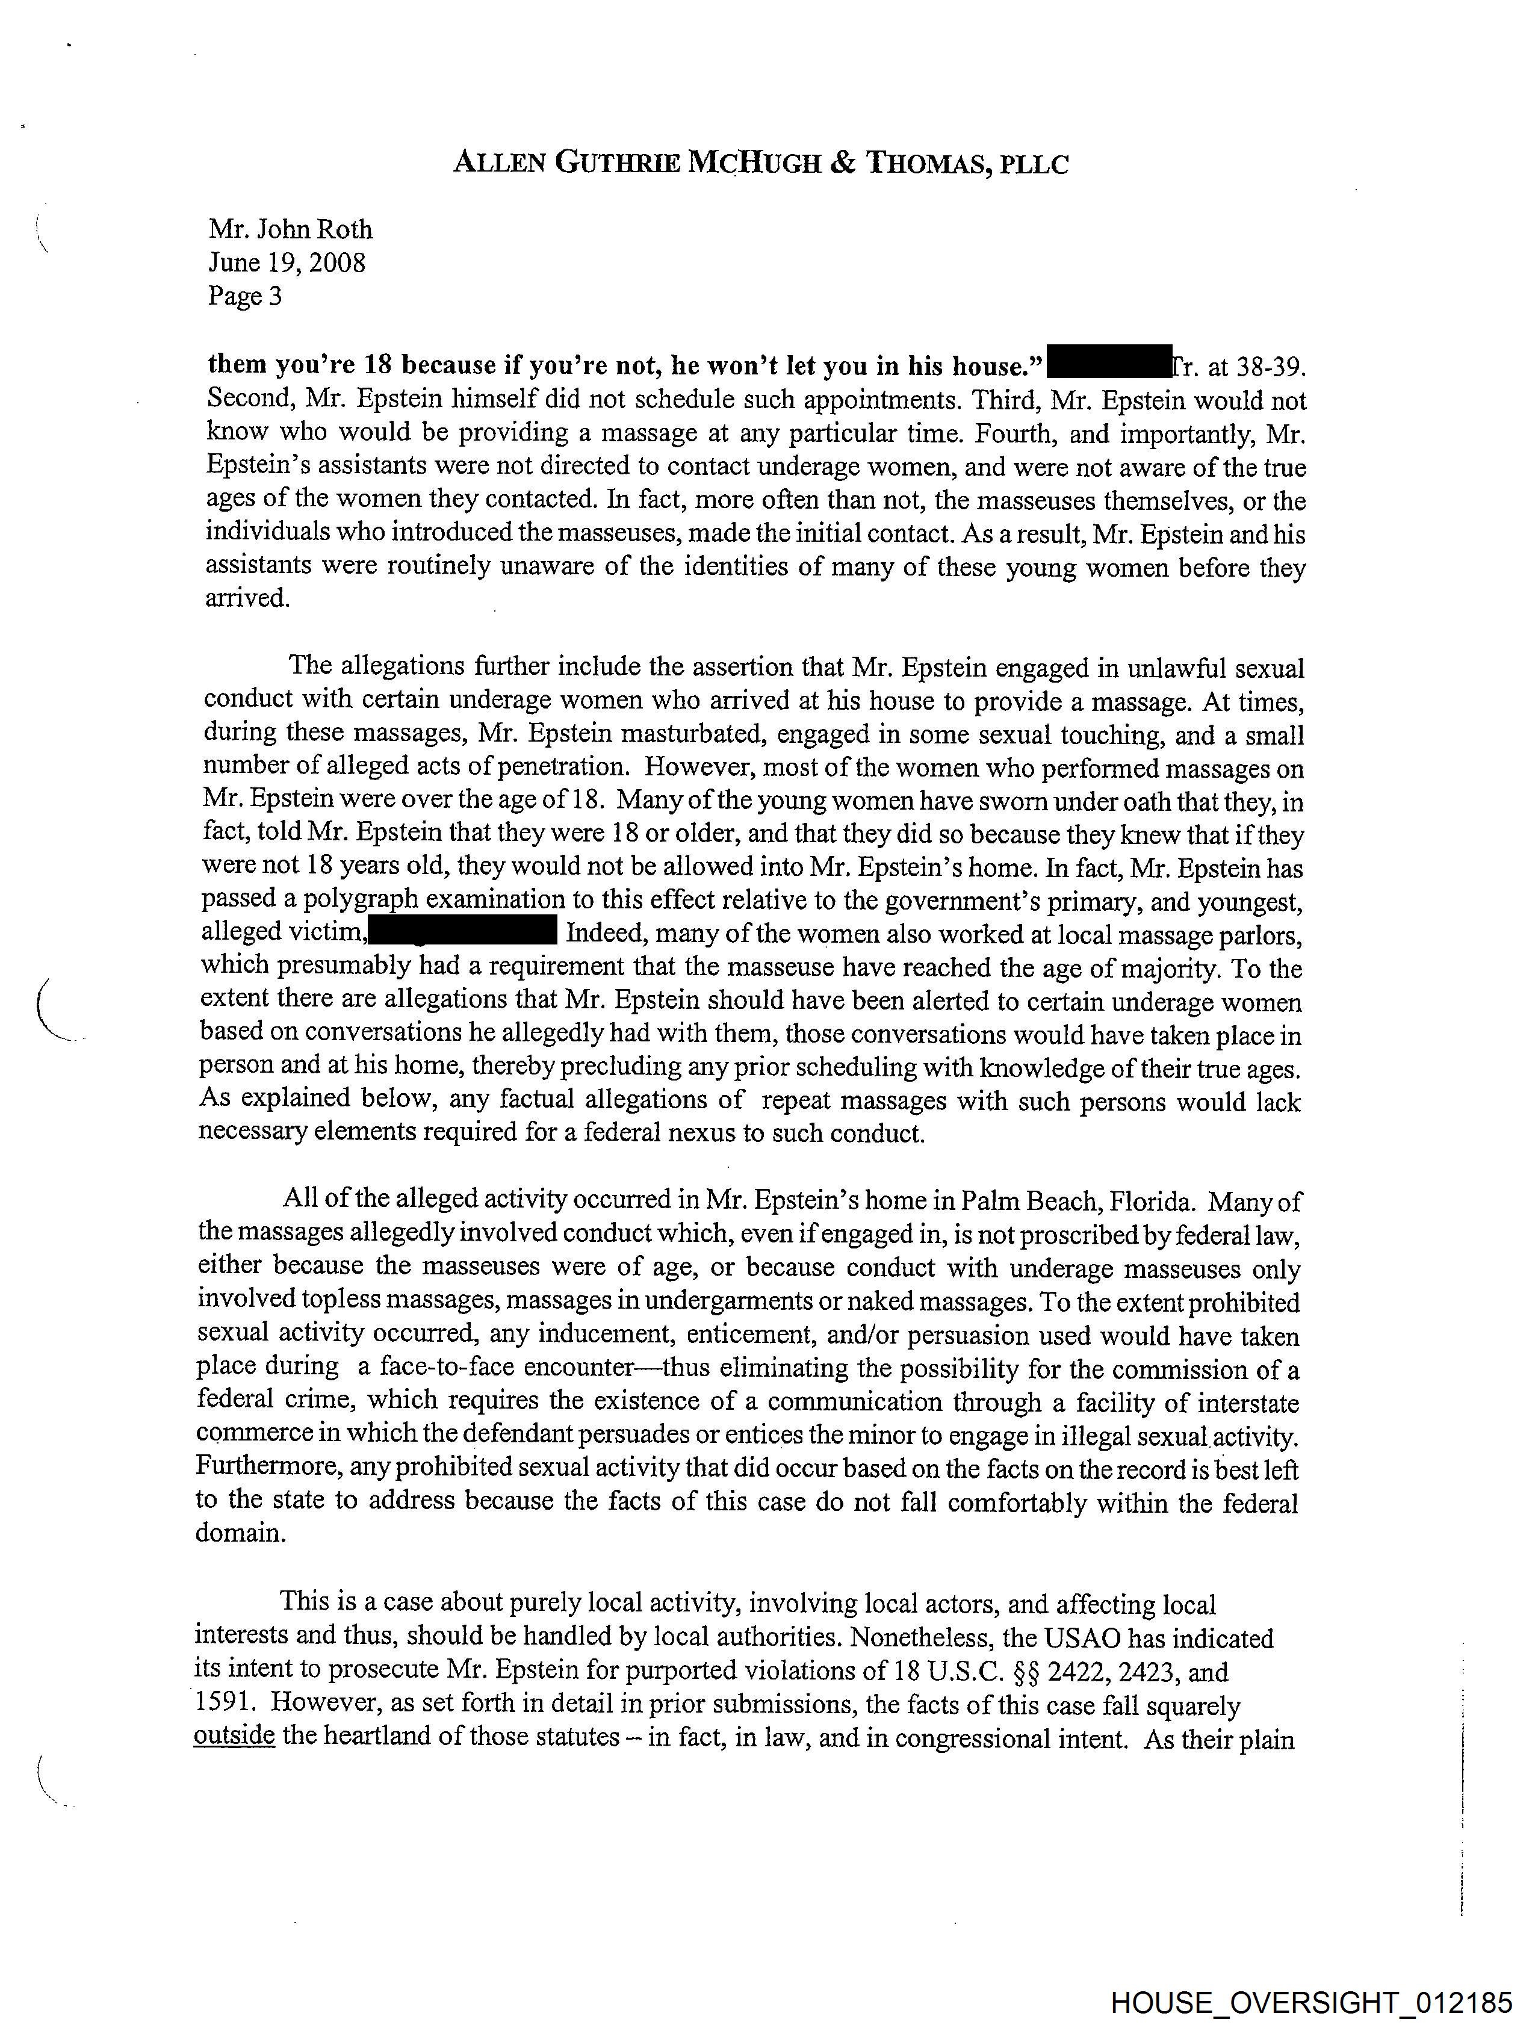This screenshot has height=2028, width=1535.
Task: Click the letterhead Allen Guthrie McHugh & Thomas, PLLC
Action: click(x=760, y=163)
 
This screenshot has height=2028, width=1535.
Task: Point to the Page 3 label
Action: click(x=245, y=296)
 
